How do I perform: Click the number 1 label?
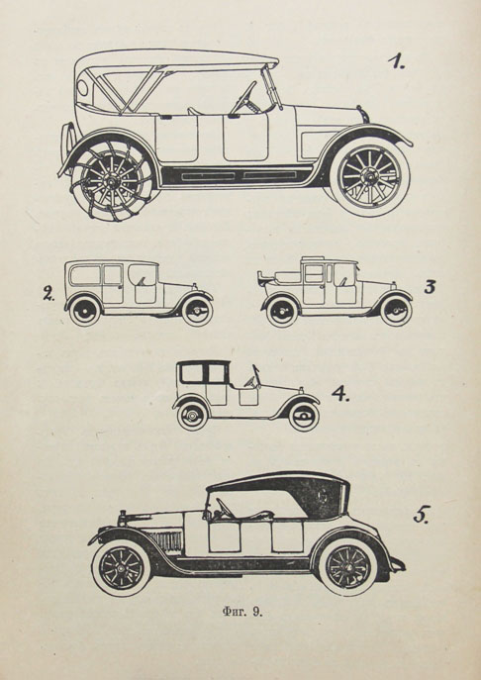[x=396, y=61]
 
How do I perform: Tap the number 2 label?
[x=48, y=294]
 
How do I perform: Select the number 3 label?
[x=430, y=287]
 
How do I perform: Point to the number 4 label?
[x=340, y=393]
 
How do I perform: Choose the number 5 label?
[x=422, y=515]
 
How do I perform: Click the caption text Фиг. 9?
[x=242, y=612]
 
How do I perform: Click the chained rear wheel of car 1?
[x=113, y=181]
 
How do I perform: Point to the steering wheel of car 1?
[x=244, y=98]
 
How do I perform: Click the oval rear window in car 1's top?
[x=82, y=88]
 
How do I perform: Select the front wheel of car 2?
[x=197, y=311]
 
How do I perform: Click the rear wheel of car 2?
[x=85, y=311]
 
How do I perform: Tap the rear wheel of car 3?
[x=282, y=312]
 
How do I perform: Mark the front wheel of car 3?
[x=396, y=312]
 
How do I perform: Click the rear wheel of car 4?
[x=192, y=416]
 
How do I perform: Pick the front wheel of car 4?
[x=304, y=417]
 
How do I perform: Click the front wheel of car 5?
[x=122, y=568]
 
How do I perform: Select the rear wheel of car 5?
[x=348, y=567]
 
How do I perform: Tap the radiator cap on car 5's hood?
[x=123, y=516]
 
